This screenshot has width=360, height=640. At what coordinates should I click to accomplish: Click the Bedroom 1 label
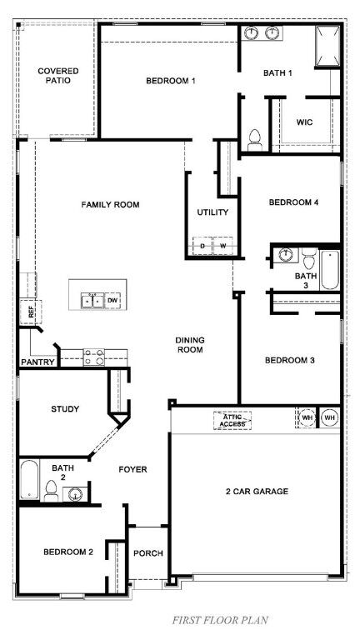click(x=170, y=81)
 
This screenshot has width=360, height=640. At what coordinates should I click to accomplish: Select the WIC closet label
click(x=304, y=122)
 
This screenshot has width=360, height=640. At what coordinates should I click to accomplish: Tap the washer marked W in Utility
click(x=222, y=246)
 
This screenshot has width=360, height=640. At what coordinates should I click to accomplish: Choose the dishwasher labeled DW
click(x=112, y=299)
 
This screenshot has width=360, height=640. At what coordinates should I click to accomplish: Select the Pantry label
click(x=37, y=362)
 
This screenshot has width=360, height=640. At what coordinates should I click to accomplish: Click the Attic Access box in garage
click(x=232, y=421)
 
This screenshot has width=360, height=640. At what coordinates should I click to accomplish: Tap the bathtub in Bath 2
click(x=30, y=480)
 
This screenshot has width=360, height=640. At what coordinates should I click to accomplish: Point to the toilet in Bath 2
click(x=52, y=491)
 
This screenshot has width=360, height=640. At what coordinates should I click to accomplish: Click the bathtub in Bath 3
click(x=330, y=269)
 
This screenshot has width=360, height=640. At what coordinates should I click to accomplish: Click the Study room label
click(x=65, y=408)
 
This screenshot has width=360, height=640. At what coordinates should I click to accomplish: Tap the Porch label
click(x=148, y=553)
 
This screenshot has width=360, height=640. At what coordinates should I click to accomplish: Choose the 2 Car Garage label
click(x=256, y=492)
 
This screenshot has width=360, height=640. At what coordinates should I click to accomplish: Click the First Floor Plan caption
click(x=220, y=620)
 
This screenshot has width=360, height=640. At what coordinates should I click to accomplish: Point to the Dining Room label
click(x=190, y=345)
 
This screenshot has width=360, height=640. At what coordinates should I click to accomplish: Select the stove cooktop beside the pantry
click(x=93, y=357)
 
